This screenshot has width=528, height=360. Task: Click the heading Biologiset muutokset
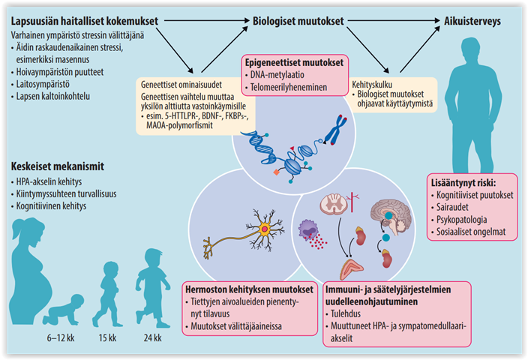tap(297, 22)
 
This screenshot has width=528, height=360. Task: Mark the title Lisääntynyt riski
tap(464, 181)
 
